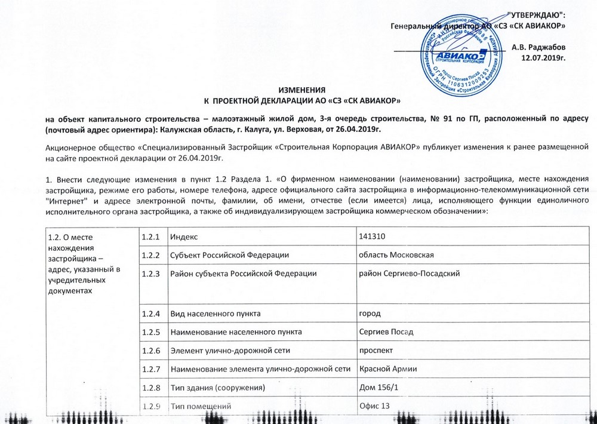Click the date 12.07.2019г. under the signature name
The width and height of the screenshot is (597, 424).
(543, 58)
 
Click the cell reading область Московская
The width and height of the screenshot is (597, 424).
(395, 255)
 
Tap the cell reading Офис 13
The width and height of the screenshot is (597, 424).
(374, 407)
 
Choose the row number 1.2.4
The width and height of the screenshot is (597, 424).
(152, 313)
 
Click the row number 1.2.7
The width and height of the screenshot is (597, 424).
(152, 370)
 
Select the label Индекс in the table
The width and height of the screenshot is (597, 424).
(184, 237)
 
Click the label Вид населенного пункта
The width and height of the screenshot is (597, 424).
(216, 313)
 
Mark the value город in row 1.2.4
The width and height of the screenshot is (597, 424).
(369, 313)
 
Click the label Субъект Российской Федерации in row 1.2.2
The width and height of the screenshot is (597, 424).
(230, 255)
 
